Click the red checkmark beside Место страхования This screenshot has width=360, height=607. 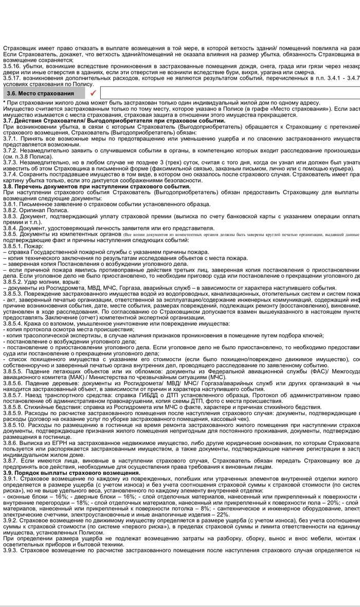coord(93,93)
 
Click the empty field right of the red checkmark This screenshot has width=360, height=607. coord(229,93)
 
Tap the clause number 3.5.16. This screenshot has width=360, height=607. coord(12,66)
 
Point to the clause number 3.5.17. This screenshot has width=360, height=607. coord(12,79)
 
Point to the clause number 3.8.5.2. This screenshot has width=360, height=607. coord(12,282)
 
